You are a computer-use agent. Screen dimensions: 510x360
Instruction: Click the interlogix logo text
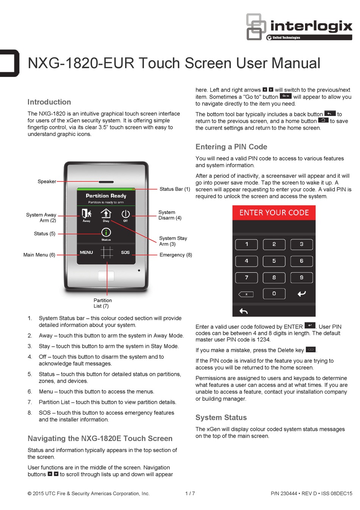(311, 26)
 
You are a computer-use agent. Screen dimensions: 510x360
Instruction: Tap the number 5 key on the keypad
(274, 261)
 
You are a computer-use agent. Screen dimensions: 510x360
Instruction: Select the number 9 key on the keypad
(301, 277)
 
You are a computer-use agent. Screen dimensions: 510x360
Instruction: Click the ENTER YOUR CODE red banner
(274, 213)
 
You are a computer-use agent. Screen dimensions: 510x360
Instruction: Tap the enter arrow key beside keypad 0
(301, 294)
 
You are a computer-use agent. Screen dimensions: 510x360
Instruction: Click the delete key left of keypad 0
(246, 294)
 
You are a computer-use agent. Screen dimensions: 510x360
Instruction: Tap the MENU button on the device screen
(86, 252)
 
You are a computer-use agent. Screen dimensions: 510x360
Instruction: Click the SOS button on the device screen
(125, 252)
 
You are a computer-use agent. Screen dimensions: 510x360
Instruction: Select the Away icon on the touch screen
(86, 214)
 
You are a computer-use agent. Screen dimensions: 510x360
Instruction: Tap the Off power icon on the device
(125, 215)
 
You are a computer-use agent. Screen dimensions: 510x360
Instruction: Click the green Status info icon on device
(106, 233)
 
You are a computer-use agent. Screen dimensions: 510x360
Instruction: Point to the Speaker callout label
(47, 181)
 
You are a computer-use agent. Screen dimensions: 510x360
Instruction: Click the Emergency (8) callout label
(175, 255)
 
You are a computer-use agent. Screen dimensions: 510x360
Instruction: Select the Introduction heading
(49, 102)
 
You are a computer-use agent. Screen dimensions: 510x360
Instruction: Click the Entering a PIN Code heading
(231, 147)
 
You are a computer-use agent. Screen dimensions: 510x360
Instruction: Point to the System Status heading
(221, 417)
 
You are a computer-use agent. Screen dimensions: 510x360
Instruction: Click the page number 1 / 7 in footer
(190, 493)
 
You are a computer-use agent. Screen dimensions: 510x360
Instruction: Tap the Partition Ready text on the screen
(106, 196)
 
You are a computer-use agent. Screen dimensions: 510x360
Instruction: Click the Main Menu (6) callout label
(39, 255)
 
